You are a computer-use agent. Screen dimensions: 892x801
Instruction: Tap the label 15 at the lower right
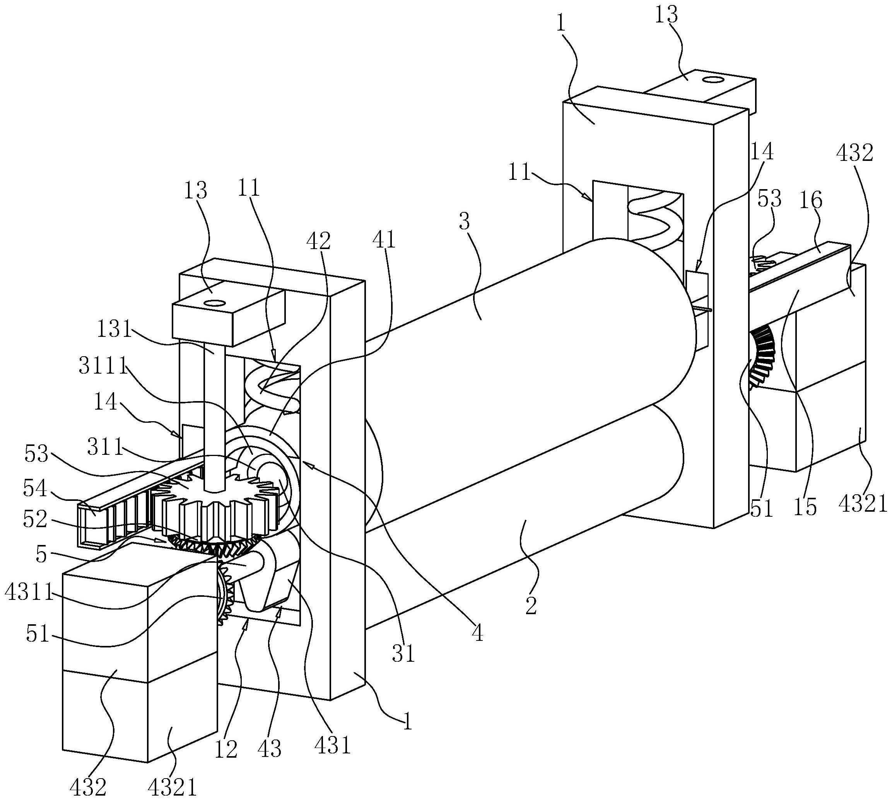805,507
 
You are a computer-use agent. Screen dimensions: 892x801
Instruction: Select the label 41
384,240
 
